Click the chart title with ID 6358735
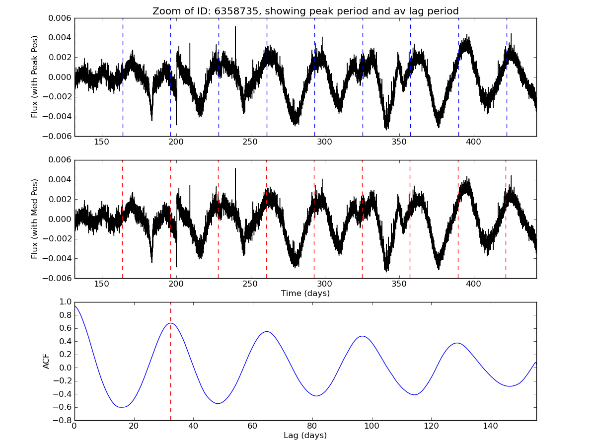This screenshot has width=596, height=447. click(x=305, y=11)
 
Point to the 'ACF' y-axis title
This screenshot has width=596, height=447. click(x=46, y=361)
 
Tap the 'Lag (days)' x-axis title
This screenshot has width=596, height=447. click(x=305, y=436)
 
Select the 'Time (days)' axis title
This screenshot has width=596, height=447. click(x=305, y=294)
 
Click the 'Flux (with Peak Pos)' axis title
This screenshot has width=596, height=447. click(x=35, y=76)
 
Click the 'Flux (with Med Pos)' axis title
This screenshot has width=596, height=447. click(x=35, y=219)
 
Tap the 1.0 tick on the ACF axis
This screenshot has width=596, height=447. click(x=65, y=302)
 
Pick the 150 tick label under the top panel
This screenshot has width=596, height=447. click(x=101, y=142)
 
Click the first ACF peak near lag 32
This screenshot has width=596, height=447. click(x=170, y=323)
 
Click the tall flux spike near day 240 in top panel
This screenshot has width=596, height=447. click(x=235, y=27)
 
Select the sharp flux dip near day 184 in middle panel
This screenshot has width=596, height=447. click(x=152, y=262)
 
